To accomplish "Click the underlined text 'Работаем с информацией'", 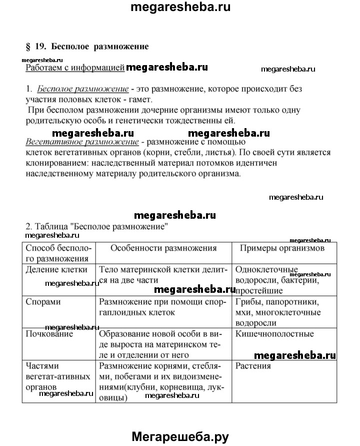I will click(74, 68).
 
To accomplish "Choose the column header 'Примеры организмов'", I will click(282, 248).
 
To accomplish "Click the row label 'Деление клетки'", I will click(56, 270).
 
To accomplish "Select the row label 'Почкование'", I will click(49, 334).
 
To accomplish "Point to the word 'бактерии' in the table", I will click(301, 280).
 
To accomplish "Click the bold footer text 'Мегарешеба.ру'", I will click(180, 436).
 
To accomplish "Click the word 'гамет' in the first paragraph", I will click(137, 99).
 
